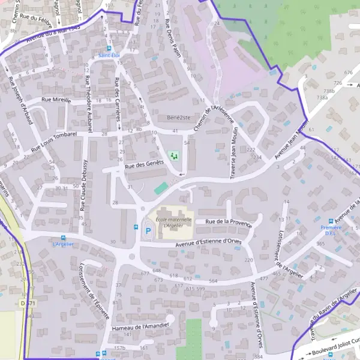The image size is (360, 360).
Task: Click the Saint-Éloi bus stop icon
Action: pos(109,49)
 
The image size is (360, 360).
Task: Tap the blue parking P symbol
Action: pos(148,230)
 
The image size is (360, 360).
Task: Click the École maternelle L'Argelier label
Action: pos(173,223)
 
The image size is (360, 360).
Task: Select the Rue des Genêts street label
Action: pos(145,164)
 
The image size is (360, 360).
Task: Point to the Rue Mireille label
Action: pos(56,100)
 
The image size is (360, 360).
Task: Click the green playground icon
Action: pos(175,156)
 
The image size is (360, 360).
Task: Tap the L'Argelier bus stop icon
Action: pos(63,238)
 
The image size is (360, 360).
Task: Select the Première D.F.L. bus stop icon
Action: pos(331,221)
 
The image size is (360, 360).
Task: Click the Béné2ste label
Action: pos(178,118)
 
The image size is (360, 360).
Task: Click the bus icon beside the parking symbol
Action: pos(136,227)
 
